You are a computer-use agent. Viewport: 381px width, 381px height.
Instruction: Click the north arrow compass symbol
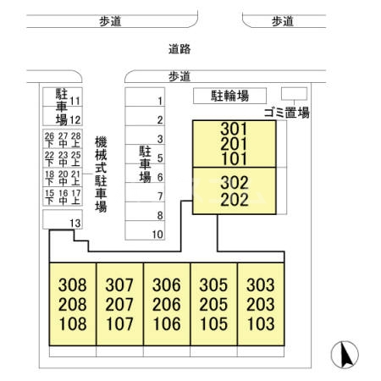(x=345, y=355)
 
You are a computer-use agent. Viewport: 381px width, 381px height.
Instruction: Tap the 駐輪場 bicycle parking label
(x=229, y=96)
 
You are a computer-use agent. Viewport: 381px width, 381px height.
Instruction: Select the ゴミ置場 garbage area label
(x=287, y=113)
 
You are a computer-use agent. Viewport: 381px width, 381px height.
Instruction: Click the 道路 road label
(x=179, y=49)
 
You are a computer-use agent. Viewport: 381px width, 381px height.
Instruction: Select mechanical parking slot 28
(x=75, y=140)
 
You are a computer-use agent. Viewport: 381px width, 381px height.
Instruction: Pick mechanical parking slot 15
(x=49, y=197)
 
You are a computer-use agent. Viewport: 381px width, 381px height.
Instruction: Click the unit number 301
(x=234, y=129)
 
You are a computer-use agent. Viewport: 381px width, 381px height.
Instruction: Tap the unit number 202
(x=235, y=200)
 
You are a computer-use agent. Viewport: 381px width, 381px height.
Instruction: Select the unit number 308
(x=73, y=284)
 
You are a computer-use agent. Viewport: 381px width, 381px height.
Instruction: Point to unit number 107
(x=119, y=323)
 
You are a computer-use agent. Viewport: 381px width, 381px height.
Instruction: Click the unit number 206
(x=167, y=304)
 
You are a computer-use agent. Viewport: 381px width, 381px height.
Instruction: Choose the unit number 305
(x=213, y=284)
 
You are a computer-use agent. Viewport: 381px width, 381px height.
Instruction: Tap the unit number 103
(x=261, y=323)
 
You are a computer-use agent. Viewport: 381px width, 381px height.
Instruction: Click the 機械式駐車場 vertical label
(x=101, y=174)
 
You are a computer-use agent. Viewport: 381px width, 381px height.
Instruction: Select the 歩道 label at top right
(x=283, y=21)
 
